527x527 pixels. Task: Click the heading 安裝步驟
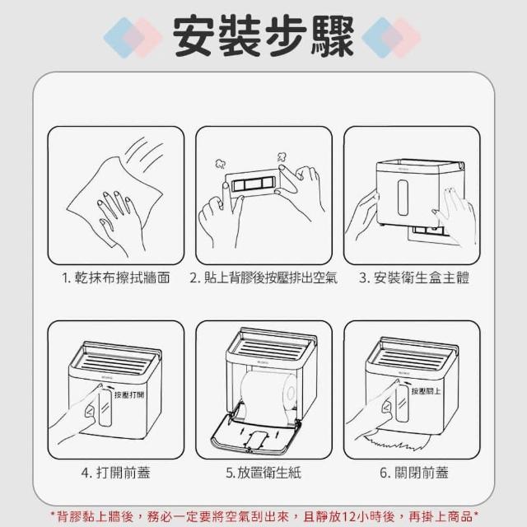[x=263, y=36]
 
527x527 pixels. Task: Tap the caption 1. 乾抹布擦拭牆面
[x=116, y=278]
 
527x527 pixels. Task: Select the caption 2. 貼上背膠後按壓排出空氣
[x=263, y=278]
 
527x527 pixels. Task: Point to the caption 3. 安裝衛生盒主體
[x=413, y=278]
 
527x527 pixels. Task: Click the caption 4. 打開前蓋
[x=116, y=473]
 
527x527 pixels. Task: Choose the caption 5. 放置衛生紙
[x=263, y=473]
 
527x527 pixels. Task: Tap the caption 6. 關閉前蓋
[x=413, y=473]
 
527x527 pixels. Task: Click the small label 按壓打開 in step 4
[x=129, y=394]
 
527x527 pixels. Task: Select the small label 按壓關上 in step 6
[x=427, y=391]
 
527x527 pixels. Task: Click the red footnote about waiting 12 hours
[x=264, y=516]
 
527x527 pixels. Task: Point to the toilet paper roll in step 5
[x=269, y=394]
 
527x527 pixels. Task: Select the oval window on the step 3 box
[x=403, y=198]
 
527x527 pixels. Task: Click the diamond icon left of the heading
[x=133, y=38]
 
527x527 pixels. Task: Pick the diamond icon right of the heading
[x=391, y=38]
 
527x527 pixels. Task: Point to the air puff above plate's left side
[x=221, y=164]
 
